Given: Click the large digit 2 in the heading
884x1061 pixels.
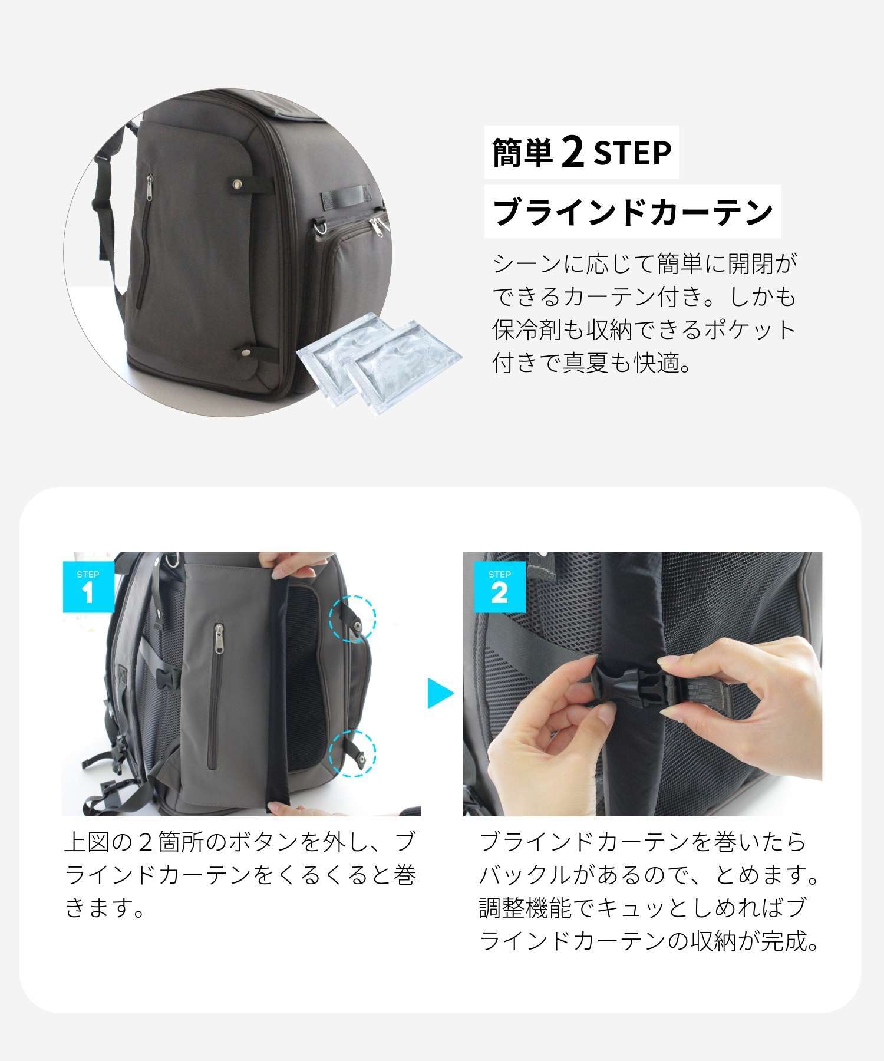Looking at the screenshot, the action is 573,153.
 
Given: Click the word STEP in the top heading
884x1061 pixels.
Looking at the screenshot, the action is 632,153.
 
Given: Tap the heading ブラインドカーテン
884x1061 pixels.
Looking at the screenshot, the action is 632,212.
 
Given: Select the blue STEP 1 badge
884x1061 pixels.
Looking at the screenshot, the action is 88,586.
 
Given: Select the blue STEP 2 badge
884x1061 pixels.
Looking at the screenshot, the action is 500,586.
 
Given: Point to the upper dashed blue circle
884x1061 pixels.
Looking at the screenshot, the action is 352,618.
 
